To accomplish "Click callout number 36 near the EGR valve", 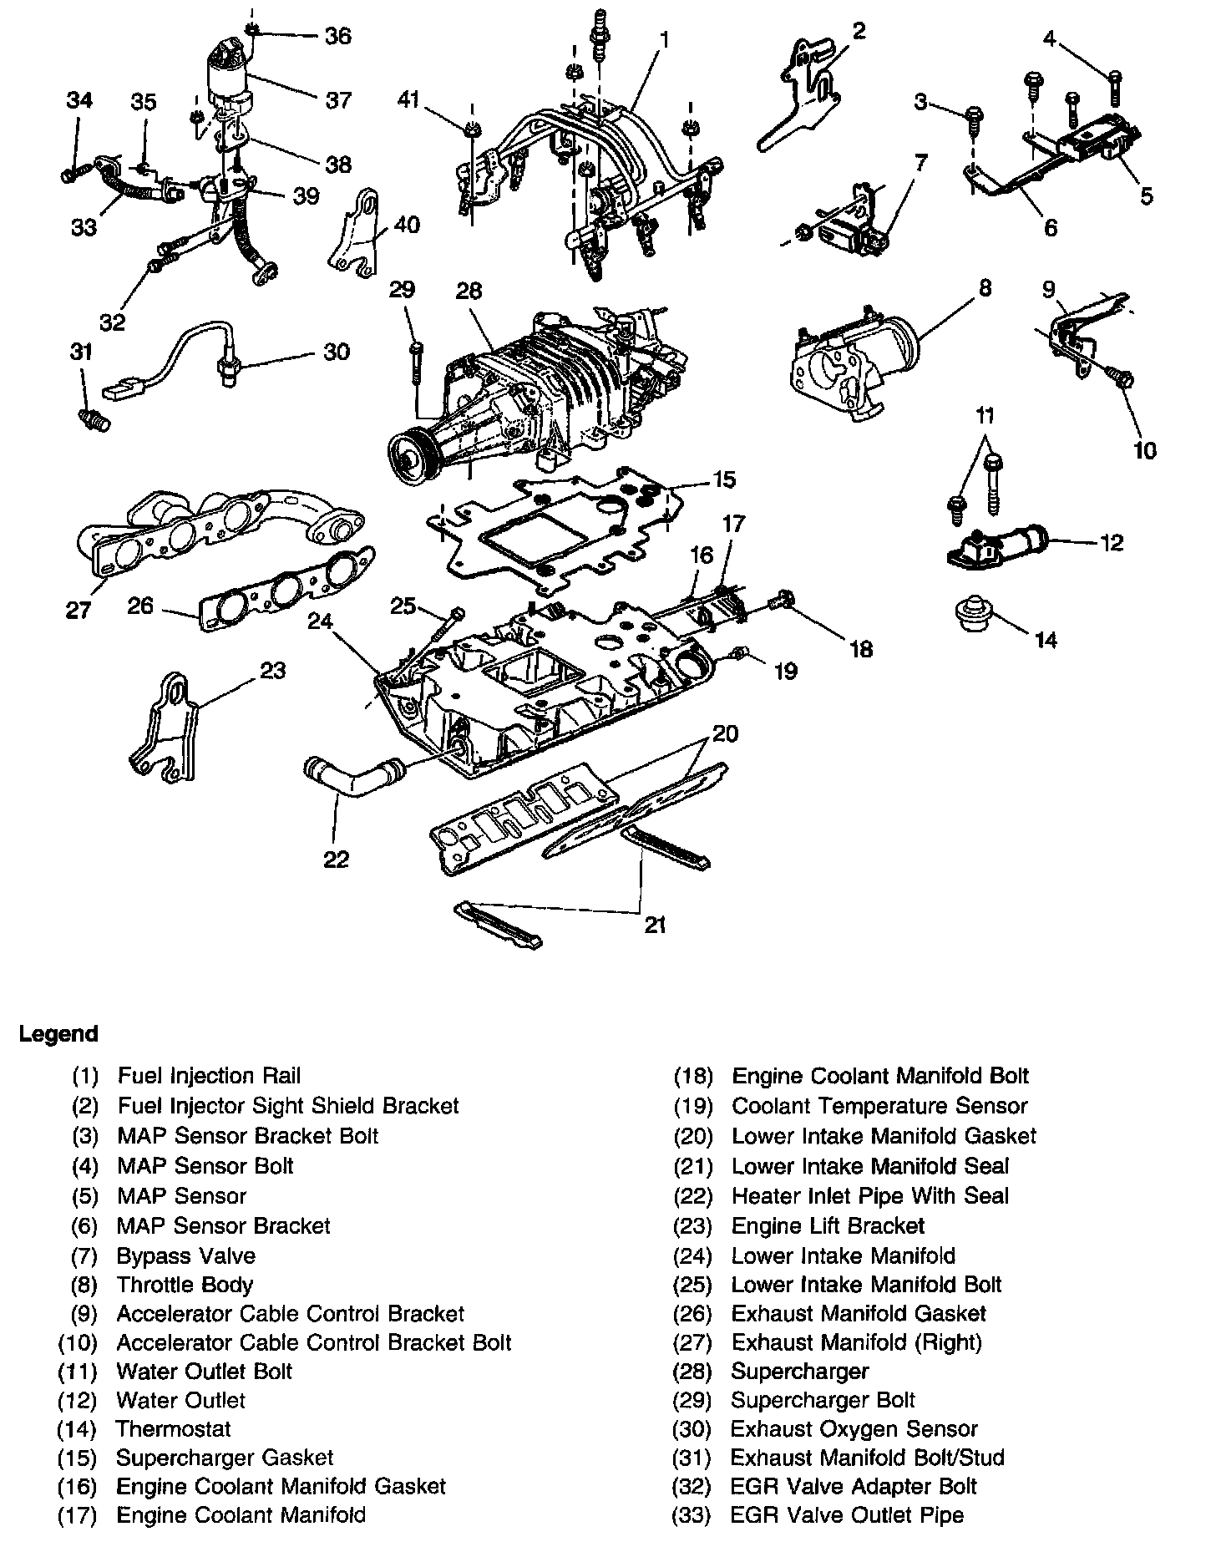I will click(x=337, y=36).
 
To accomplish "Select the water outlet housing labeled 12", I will click(x=998, y=547).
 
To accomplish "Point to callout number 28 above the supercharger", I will click(x=469, y=292).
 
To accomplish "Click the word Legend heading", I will click(x=58, y=1033).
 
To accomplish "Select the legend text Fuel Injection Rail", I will click(x=209, y=1076).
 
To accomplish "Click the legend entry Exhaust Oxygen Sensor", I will click(x=854, y=1428).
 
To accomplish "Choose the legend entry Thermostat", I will click(x=173, y=1428).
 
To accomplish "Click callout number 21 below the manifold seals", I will click(x=655, y=926).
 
